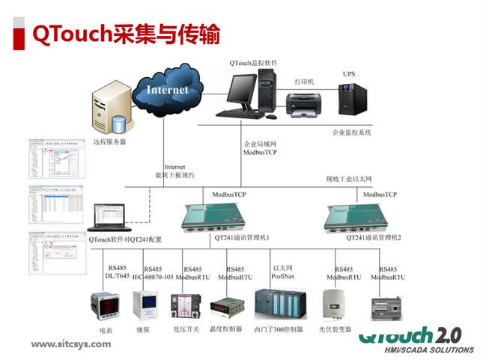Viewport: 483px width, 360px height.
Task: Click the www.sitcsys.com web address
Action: coord(70,344)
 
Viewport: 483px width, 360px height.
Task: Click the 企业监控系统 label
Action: coord(352,132)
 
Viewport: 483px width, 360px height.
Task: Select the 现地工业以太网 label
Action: coord(349,180)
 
